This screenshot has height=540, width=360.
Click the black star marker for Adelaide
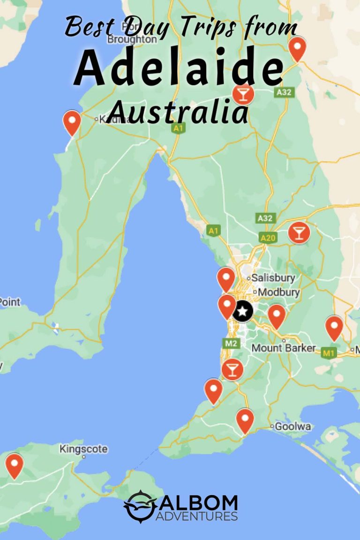pos(242,311)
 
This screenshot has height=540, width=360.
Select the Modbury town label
pos(279,292)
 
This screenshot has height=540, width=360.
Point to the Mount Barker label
pos(284,348)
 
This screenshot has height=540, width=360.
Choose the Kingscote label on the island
pos(83,449)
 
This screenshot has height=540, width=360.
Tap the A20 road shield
pos(268,238)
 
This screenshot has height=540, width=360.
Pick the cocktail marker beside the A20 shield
pos(299,232)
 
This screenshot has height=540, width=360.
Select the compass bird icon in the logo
pos(139,506)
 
